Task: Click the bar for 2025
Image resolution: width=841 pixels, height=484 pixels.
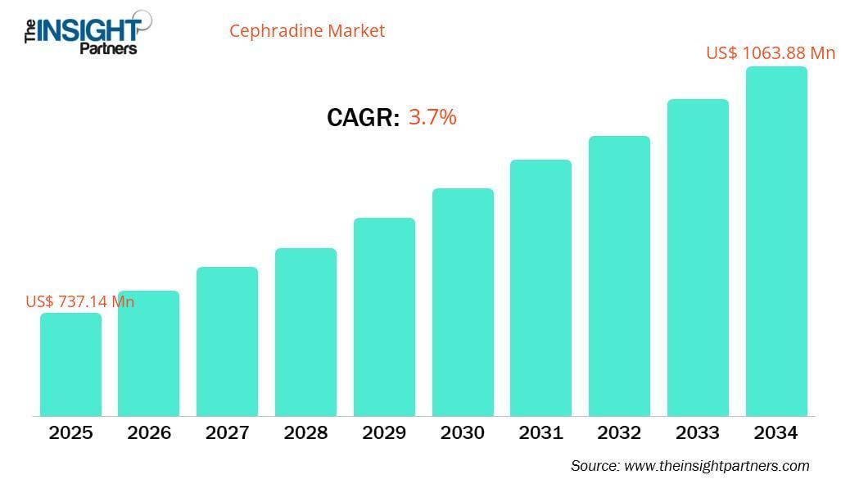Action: point(70,364)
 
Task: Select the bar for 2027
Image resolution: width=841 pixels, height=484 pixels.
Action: point(227,342)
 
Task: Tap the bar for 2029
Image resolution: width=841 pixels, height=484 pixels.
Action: point(384,317)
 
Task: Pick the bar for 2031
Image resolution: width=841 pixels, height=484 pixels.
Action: point(540,287)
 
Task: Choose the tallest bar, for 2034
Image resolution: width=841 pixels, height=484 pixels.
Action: point(775,242)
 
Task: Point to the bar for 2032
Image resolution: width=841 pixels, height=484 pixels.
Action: point(619,276)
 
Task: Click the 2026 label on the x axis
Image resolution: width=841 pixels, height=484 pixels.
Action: point(149,432)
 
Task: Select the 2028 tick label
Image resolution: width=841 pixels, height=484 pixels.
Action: point(305,432)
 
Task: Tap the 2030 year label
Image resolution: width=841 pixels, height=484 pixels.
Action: point(463,432)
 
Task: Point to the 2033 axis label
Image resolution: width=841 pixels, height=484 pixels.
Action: point(698,432)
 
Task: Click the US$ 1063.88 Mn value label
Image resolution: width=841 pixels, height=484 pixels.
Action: point(770,53)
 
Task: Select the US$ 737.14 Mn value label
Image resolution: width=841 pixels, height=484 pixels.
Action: point(79,301)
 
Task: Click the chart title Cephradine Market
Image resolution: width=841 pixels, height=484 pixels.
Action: point(306,31)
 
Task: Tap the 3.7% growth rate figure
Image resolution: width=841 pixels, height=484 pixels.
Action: point(432,117)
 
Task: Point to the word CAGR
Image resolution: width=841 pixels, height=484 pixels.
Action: point(362,118)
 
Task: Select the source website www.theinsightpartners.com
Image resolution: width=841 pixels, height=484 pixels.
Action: point(717,466)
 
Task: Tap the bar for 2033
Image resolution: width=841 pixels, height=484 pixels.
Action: point(698,258)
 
